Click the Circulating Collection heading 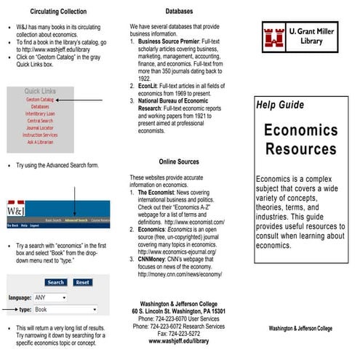coord(57,12)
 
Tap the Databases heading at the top coord(179,12)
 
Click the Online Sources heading coord(179,161)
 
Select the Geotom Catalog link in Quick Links coord(39,99)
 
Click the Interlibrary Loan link coord(40,113)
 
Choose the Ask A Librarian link coord(40,142)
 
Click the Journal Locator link coord(40,128)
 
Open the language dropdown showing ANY coord(51,297)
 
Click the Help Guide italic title coord(280,105)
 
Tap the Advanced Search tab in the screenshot coord(76,220)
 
